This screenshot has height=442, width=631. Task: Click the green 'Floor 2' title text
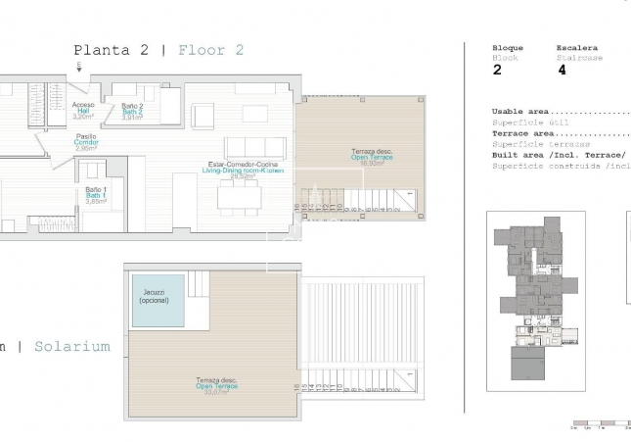[x=211, y=50]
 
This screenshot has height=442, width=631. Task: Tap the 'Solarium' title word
[x=72, y=346]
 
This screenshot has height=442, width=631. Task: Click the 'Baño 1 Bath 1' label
[x=95, y=195]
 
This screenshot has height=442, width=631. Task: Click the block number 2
[x=497, y=70]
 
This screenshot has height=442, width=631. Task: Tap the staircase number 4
[x=562, y=70]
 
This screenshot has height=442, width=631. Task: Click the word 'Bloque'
[x=508, y=48]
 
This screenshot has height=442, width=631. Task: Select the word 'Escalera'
[x=576, y=48]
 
